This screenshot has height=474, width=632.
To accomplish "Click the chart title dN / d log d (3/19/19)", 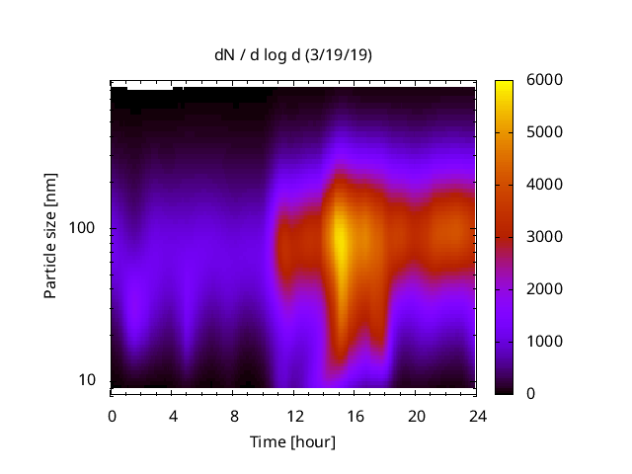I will [293, 55].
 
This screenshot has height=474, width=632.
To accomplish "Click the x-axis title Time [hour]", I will [293, 441].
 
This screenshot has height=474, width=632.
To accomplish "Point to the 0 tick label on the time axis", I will [112, 415].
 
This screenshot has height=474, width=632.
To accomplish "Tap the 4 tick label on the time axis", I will [173, 415].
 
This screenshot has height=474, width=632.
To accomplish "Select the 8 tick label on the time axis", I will [234, 415].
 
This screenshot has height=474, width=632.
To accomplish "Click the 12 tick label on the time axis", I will [294, 415].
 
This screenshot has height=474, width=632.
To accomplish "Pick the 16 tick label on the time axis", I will [355, 415].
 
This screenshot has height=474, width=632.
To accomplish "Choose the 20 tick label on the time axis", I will [417, 415].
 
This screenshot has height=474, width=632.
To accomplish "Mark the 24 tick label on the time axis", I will [478, 415].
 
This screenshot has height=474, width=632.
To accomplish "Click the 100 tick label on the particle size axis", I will [81, 228].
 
